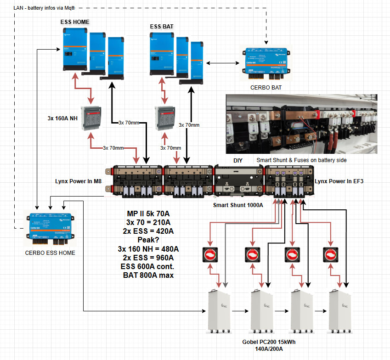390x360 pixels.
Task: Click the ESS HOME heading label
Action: [75, 22]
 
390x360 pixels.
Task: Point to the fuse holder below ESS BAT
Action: [165, 118]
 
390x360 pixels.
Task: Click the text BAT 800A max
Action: [148, 276]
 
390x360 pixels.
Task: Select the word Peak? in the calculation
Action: [148, 240]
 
